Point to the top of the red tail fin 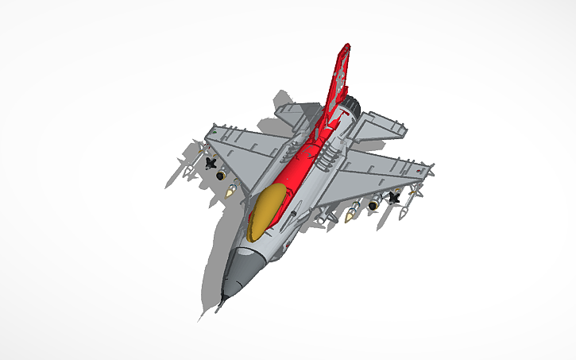pos(345,49)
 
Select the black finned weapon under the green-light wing pos(210,163)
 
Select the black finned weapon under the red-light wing pos(392,197)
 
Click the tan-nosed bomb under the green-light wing pos(232,189)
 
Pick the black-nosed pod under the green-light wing pos(220,174)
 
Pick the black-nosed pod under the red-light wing pos(371,207)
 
